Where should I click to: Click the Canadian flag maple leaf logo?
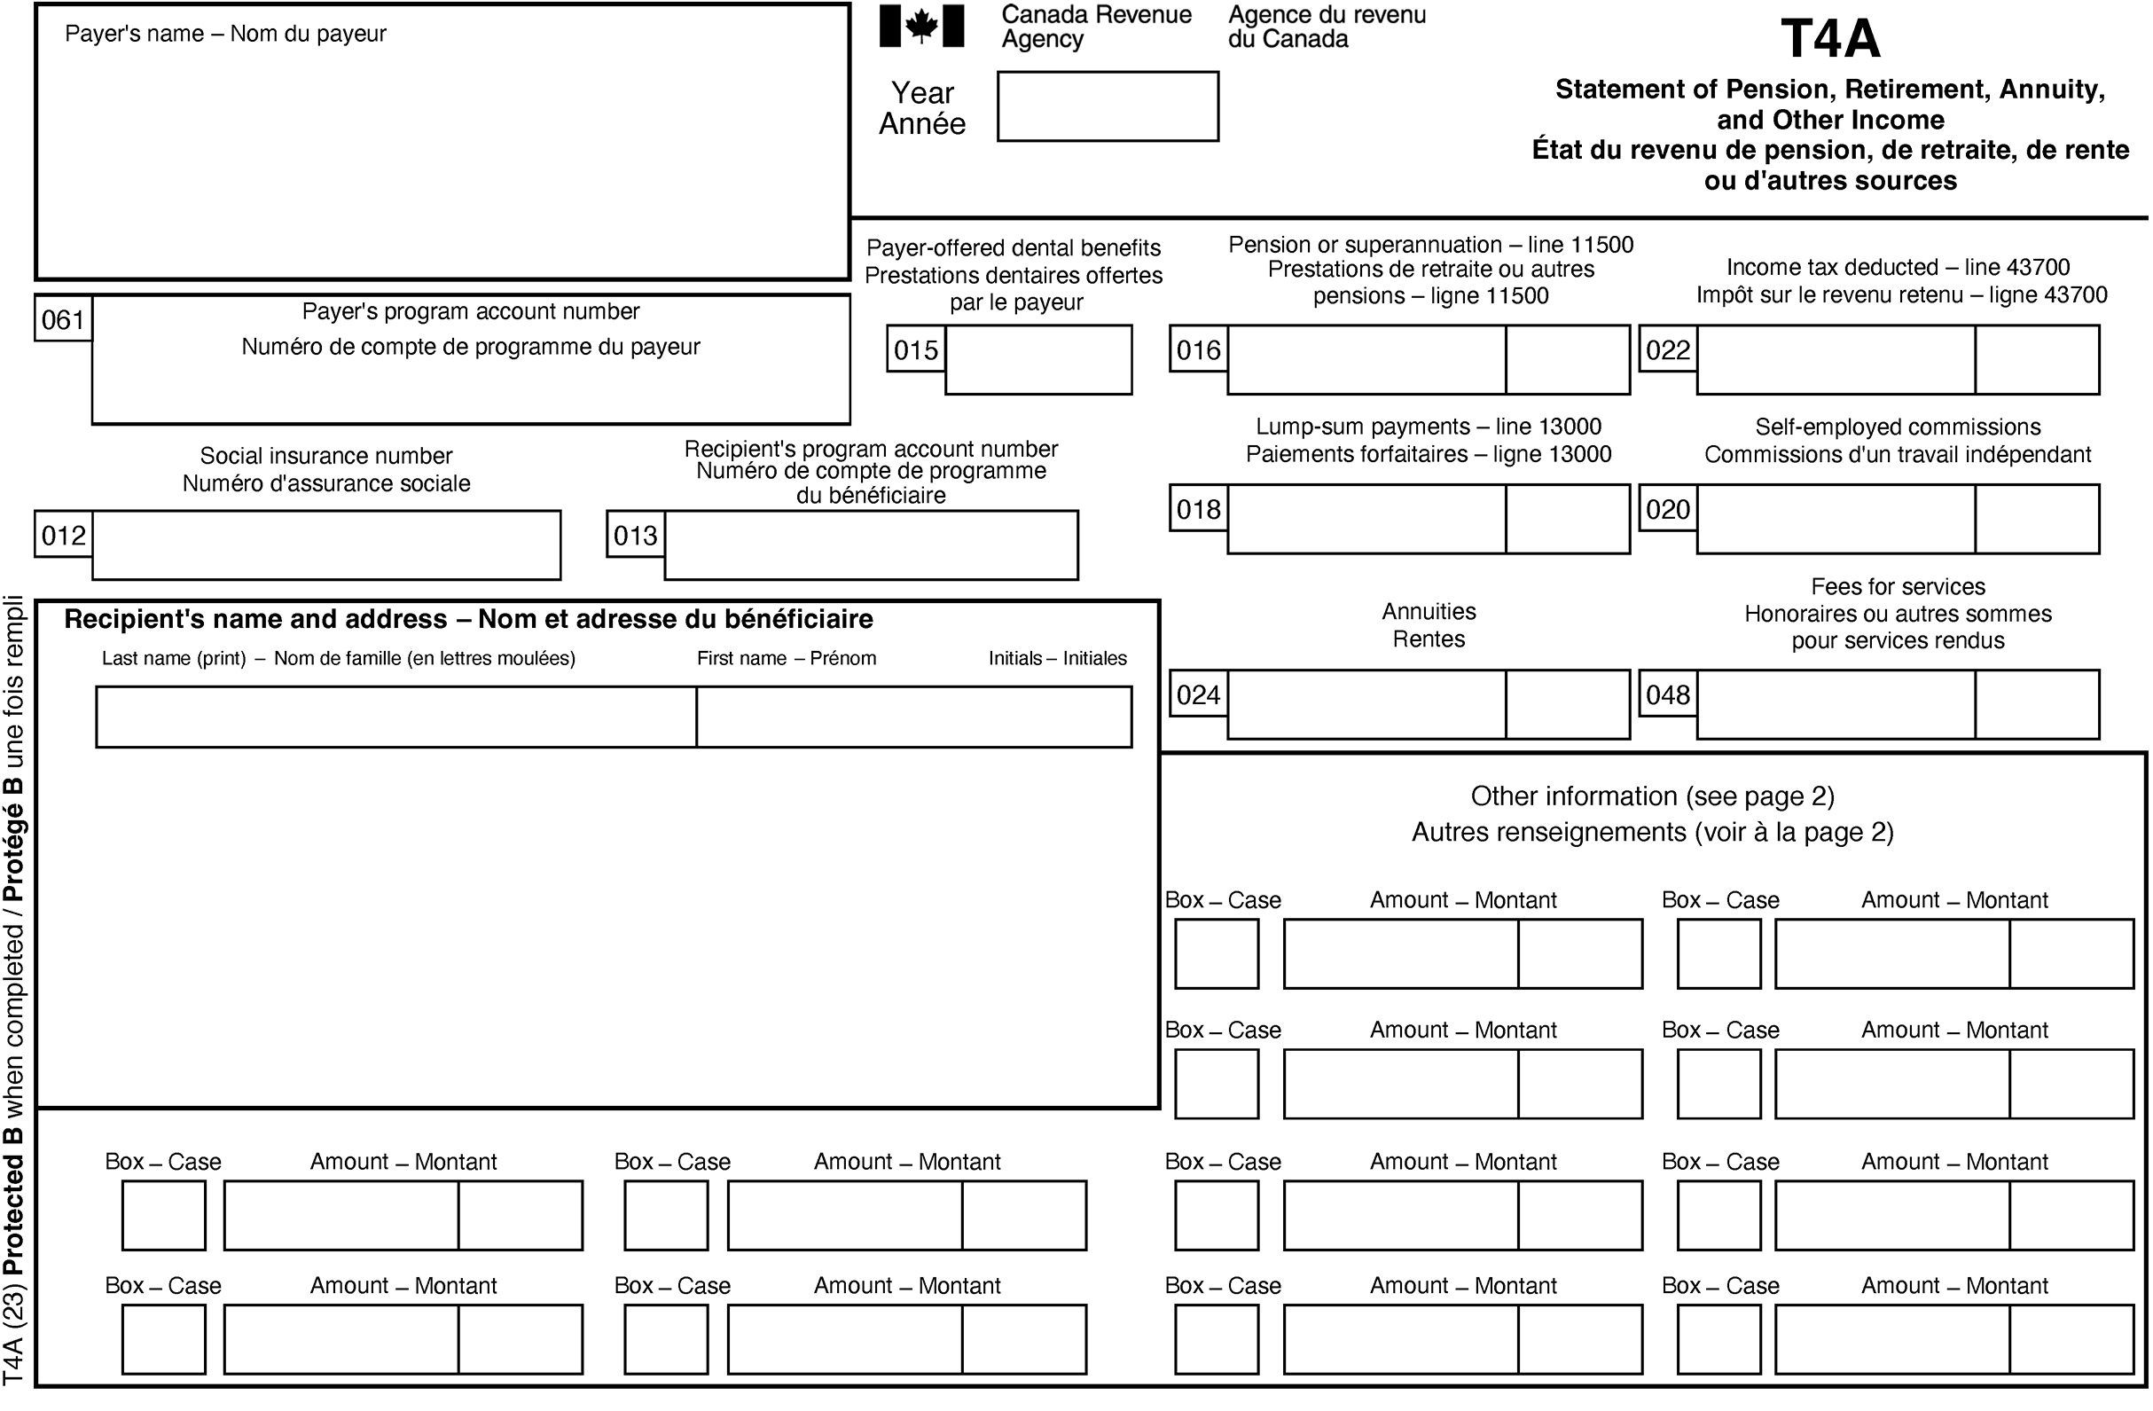coord(921,26)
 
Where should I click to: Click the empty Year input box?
coord(1108,106)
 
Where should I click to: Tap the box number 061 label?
coord(62,319)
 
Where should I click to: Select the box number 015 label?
coord(915,350)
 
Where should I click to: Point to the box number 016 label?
coord(1198,350)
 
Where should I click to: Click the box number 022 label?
coord(1667,350)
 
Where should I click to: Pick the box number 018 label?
coord(1198,509)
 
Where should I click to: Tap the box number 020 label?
coord(1667,509)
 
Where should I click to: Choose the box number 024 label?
coord(1198,694)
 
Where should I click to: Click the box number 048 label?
coord(1667,694)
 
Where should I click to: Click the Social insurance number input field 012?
coord(325,545)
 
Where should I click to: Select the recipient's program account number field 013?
coord(870,545)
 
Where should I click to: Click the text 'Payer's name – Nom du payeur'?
coord(225,34)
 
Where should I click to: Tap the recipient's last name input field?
coord(395,717)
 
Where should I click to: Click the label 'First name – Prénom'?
coord(786,658)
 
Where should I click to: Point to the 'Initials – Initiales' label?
coord(1057,658)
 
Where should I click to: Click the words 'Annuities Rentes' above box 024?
coord(1428,625)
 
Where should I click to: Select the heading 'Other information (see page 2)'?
coord(1652,796)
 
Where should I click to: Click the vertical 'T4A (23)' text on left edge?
coord(13,1334)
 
